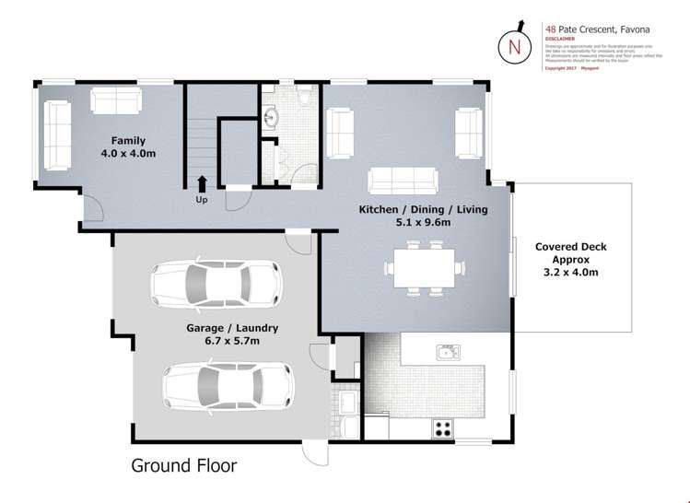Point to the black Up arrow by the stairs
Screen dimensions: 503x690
coord(202,183)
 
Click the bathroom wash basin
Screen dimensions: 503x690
coord(272,118)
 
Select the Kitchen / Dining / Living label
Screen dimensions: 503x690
coord(423,209)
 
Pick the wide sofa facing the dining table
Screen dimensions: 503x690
coord(403,180)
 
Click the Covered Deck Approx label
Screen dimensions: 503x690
coord(571,253)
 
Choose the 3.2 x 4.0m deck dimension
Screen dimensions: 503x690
coord(571,272)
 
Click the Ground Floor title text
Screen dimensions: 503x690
coord(183,465)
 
